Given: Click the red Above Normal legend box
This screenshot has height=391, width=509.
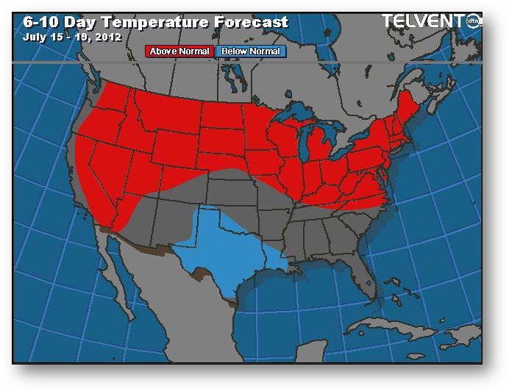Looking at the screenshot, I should pyautogui.click(x=180, y=51).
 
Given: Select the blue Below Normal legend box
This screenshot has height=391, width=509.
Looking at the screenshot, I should pyautogui.click(x=250, y=51).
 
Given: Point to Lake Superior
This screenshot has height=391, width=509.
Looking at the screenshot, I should pyautogui.click(x=295, y=118).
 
